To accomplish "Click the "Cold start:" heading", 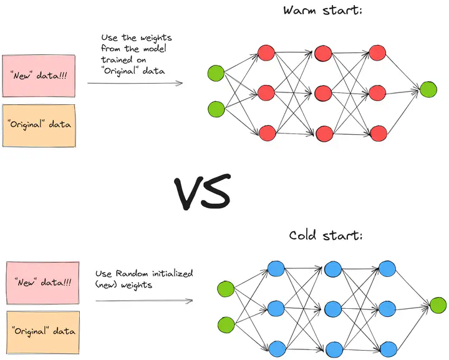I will [326, 235].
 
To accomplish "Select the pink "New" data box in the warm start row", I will [39, 75].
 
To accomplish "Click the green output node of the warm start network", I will [428, 89].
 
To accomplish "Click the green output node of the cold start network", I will [438, 305].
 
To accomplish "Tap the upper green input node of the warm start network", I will [216, 73].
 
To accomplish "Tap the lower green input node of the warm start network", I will [216, 109].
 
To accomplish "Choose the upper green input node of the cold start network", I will [226, 289].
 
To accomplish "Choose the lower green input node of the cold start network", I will [226, 324].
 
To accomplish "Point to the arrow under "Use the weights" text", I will [135, 82].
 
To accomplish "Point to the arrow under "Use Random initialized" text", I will [143, 301].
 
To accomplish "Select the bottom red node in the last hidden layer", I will [378, 133].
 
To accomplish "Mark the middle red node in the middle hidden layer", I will [323, 94].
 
